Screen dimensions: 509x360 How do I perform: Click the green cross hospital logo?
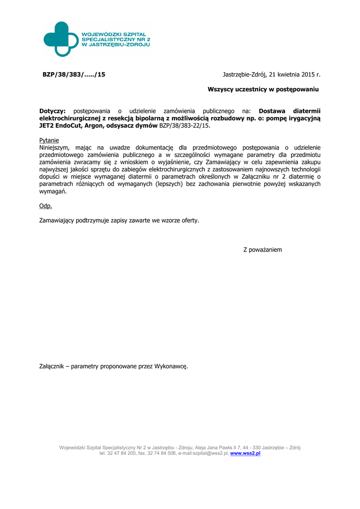coord(60,39)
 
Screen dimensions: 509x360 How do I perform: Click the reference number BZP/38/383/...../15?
coord(74,75)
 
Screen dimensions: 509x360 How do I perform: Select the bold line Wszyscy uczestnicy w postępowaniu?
coord(263,89)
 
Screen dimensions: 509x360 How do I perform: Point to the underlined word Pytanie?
coord(49,140)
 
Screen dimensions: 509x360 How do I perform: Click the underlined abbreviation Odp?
coord(45,206)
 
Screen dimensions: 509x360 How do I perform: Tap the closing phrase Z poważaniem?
coord(263,250)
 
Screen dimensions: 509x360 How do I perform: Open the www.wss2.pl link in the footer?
coord(245,453)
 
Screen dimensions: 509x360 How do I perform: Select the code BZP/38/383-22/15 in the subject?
coord(184,126)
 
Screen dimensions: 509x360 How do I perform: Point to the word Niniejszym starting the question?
coord(55,148)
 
